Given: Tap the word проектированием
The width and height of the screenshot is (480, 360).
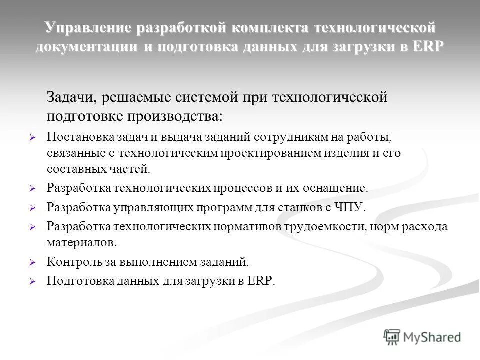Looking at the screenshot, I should pos(269,153).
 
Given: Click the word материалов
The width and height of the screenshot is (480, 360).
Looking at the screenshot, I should pos(82,242).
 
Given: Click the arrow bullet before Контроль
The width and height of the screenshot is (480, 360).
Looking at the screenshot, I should pos(33,261).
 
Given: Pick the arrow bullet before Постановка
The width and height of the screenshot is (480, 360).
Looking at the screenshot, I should pos(33,137).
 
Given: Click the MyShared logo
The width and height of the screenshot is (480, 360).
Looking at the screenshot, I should pos(422,337).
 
